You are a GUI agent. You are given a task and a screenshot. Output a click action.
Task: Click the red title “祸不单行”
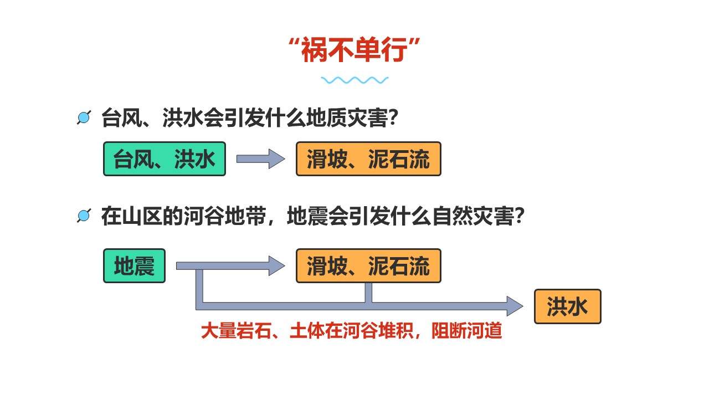point(354,49)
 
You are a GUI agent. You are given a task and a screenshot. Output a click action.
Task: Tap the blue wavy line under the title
point(354,80)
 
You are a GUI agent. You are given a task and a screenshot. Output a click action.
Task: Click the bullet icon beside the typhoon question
point(84,117)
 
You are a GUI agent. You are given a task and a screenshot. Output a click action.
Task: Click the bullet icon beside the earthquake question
point(84,216)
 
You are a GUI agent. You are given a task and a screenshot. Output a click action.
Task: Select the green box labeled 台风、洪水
point(165,158)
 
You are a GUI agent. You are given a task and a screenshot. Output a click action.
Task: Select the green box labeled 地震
point(134,265)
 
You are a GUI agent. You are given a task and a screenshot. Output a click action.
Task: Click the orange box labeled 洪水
point(568,306)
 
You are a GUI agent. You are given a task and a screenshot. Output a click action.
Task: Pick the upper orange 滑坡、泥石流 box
point(368,158)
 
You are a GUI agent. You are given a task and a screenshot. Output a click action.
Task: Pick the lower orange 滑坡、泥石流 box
point(368,265)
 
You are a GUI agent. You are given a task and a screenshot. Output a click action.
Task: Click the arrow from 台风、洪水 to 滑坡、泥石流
point(261,158)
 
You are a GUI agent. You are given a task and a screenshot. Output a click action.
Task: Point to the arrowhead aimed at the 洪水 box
point(515,306)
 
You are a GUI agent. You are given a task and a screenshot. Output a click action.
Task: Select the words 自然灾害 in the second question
point(474,216)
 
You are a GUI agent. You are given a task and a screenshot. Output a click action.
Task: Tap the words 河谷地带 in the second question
point(225,216)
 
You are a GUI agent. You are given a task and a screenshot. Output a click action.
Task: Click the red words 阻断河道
point(466,331)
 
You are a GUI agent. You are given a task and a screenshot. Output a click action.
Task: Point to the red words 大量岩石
point(236,331)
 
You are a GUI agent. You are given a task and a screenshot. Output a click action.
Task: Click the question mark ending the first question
point(393,118)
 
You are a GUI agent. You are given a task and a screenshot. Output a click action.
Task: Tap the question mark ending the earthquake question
point(520,216)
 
